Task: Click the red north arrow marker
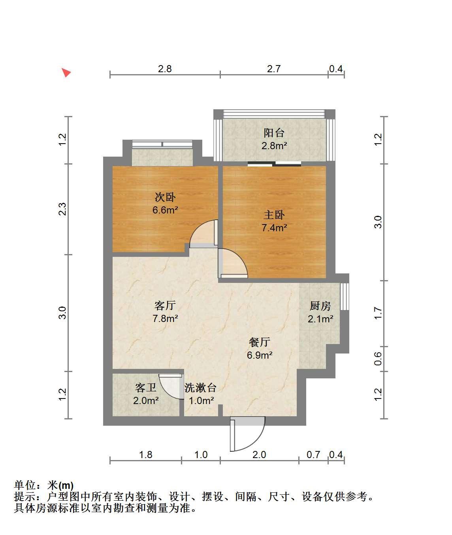click(66, 72)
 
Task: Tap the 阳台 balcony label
click(274, 133)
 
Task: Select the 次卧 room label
click(165, 197)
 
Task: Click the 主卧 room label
click(274, 215)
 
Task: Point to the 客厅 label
click(165, 305)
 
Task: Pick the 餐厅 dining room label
click(260, 342)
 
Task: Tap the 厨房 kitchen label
click(320, 306)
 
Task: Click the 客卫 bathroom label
click(145, 388)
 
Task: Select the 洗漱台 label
click(200, 388)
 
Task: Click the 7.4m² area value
click(274, 228)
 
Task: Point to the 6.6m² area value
click(165, 210)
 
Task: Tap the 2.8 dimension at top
click(165, 69)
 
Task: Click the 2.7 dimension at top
click(274, 69)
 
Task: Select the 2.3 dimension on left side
click(62, 209)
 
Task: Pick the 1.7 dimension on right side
click(378, 313)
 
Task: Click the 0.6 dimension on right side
click(378, 359)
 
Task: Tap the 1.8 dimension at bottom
click(145, 455)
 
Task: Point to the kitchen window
click(345, 296)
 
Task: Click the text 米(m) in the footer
click(60, 485)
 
